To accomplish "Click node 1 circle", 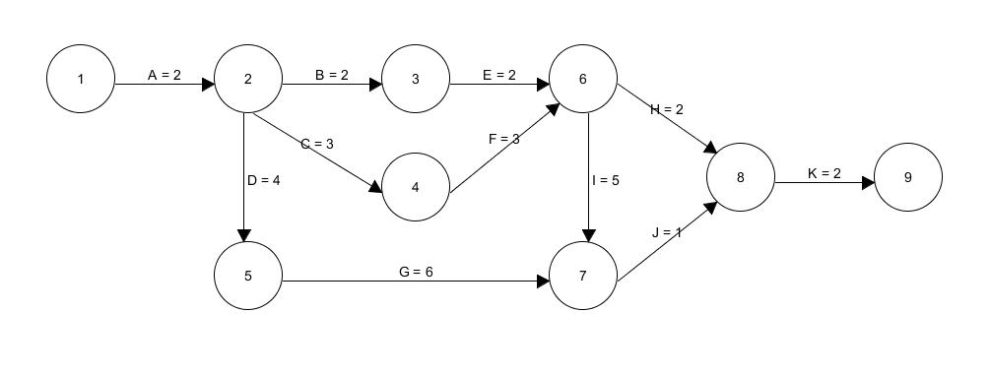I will [80, 81].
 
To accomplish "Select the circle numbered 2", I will [247, 81].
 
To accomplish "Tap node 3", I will [416, 81].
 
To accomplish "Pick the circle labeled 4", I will [416, 187].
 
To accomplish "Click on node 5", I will [247, 277].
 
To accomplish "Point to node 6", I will [583, 81].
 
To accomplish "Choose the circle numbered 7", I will [583, 277].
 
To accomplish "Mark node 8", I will [741, 178].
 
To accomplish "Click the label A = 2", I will [165, 75].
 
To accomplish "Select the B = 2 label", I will [332, 75].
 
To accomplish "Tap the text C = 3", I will [317, 144].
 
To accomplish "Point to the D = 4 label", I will [264, 180].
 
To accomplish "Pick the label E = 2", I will [499, 75].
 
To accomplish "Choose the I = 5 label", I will [606, 180].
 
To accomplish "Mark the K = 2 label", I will [825, 172].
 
